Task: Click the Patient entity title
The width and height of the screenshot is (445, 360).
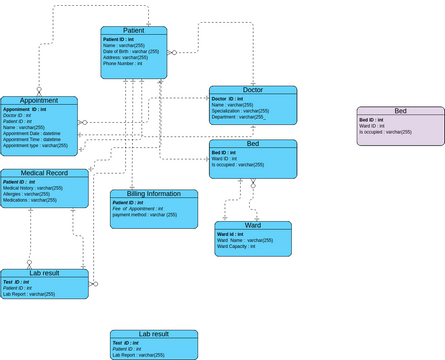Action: point(133,31)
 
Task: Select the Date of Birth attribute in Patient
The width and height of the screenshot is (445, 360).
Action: point(131,51)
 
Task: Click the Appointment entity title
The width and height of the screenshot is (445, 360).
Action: point(39,101)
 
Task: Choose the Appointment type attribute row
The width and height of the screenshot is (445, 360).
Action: point(35,145)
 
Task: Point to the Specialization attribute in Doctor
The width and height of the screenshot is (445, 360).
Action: point(240,111)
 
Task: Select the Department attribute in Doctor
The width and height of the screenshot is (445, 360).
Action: point(238,117)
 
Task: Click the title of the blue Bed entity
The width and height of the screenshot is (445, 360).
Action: point(252,144)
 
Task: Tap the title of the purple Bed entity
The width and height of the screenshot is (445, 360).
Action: point(400,111)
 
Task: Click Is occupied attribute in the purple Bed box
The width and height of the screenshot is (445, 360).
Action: point(385,132)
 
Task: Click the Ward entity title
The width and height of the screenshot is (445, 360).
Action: point(252,226)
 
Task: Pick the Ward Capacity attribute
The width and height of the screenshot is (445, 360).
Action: point(237,246)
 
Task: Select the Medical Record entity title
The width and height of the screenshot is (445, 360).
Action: point(44,173)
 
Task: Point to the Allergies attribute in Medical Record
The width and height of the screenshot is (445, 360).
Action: point(29,194)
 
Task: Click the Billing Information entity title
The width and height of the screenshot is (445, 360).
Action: point(153,194)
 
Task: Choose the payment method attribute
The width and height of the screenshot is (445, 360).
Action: point(144,215)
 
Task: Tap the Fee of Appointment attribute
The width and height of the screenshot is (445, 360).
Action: point(142,208)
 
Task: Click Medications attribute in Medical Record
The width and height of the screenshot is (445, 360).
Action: point(30,200)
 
